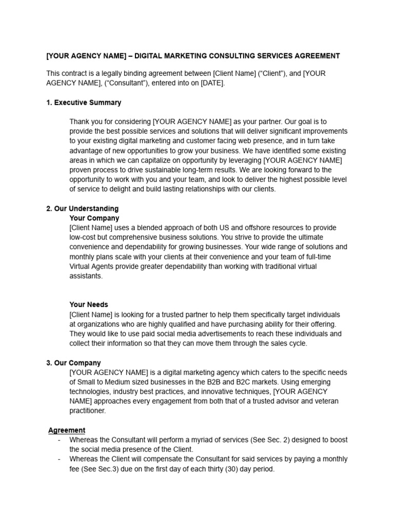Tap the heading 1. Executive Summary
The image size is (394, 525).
(x=84, y=103)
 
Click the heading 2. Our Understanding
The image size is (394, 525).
(x=82, y=209)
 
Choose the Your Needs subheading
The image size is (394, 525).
(x=89, y=305)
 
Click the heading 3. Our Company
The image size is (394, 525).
(x=73, y=363)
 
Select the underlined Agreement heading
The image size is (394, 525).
(x=67, y=430)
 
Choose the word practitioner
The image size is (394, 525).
(x=89, y=411)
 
